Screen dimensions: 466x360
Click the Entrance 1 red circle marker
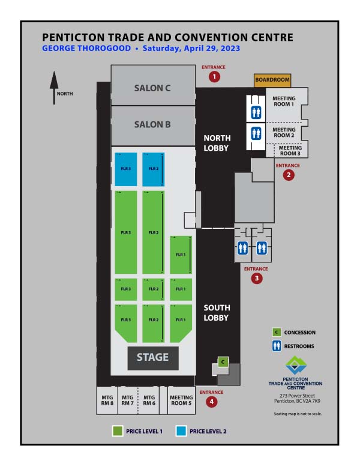click(x=214, y=76)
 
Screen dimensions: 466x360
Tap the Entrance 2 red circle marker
click(x=289, y=175)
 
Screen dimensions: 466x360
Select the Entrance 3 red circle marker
click(x=257, y=279)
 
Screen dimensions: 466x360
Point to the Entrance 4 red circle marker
click(x=211, y=402)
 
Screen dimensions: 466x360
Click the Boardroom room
click(x=272, y=80)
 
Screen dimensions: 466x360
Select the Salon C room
click(x=152, y=88)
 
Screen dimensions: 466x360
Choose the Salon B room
click(x=152, y=124)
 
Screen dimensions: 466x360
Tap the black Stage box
click(x=152, y=358)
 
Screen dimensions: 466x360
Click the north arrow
click(x=54, y=87)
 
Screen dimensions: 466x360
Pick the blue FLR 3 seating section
click(x=125, y=169)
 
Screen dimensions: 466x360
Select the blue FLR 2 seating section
click(x=153, y=169)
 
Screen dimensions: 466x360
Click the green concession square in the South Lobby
click(x=223, y=362)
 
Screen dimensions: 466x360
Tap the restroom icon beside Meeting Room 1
click(x=255, y=112)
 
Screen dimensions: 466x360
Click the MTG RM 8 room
click(x=107, y=400)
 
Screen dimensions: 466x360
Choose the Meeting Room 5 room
click(x=181, y=400)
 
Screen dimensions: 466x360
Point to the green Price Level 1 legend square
click(x=118, y=431)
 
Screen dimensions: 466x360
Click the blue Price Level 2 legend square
click(x=181, y=431)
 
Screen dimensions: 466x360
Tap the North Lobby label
click(x=217, y=142)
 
